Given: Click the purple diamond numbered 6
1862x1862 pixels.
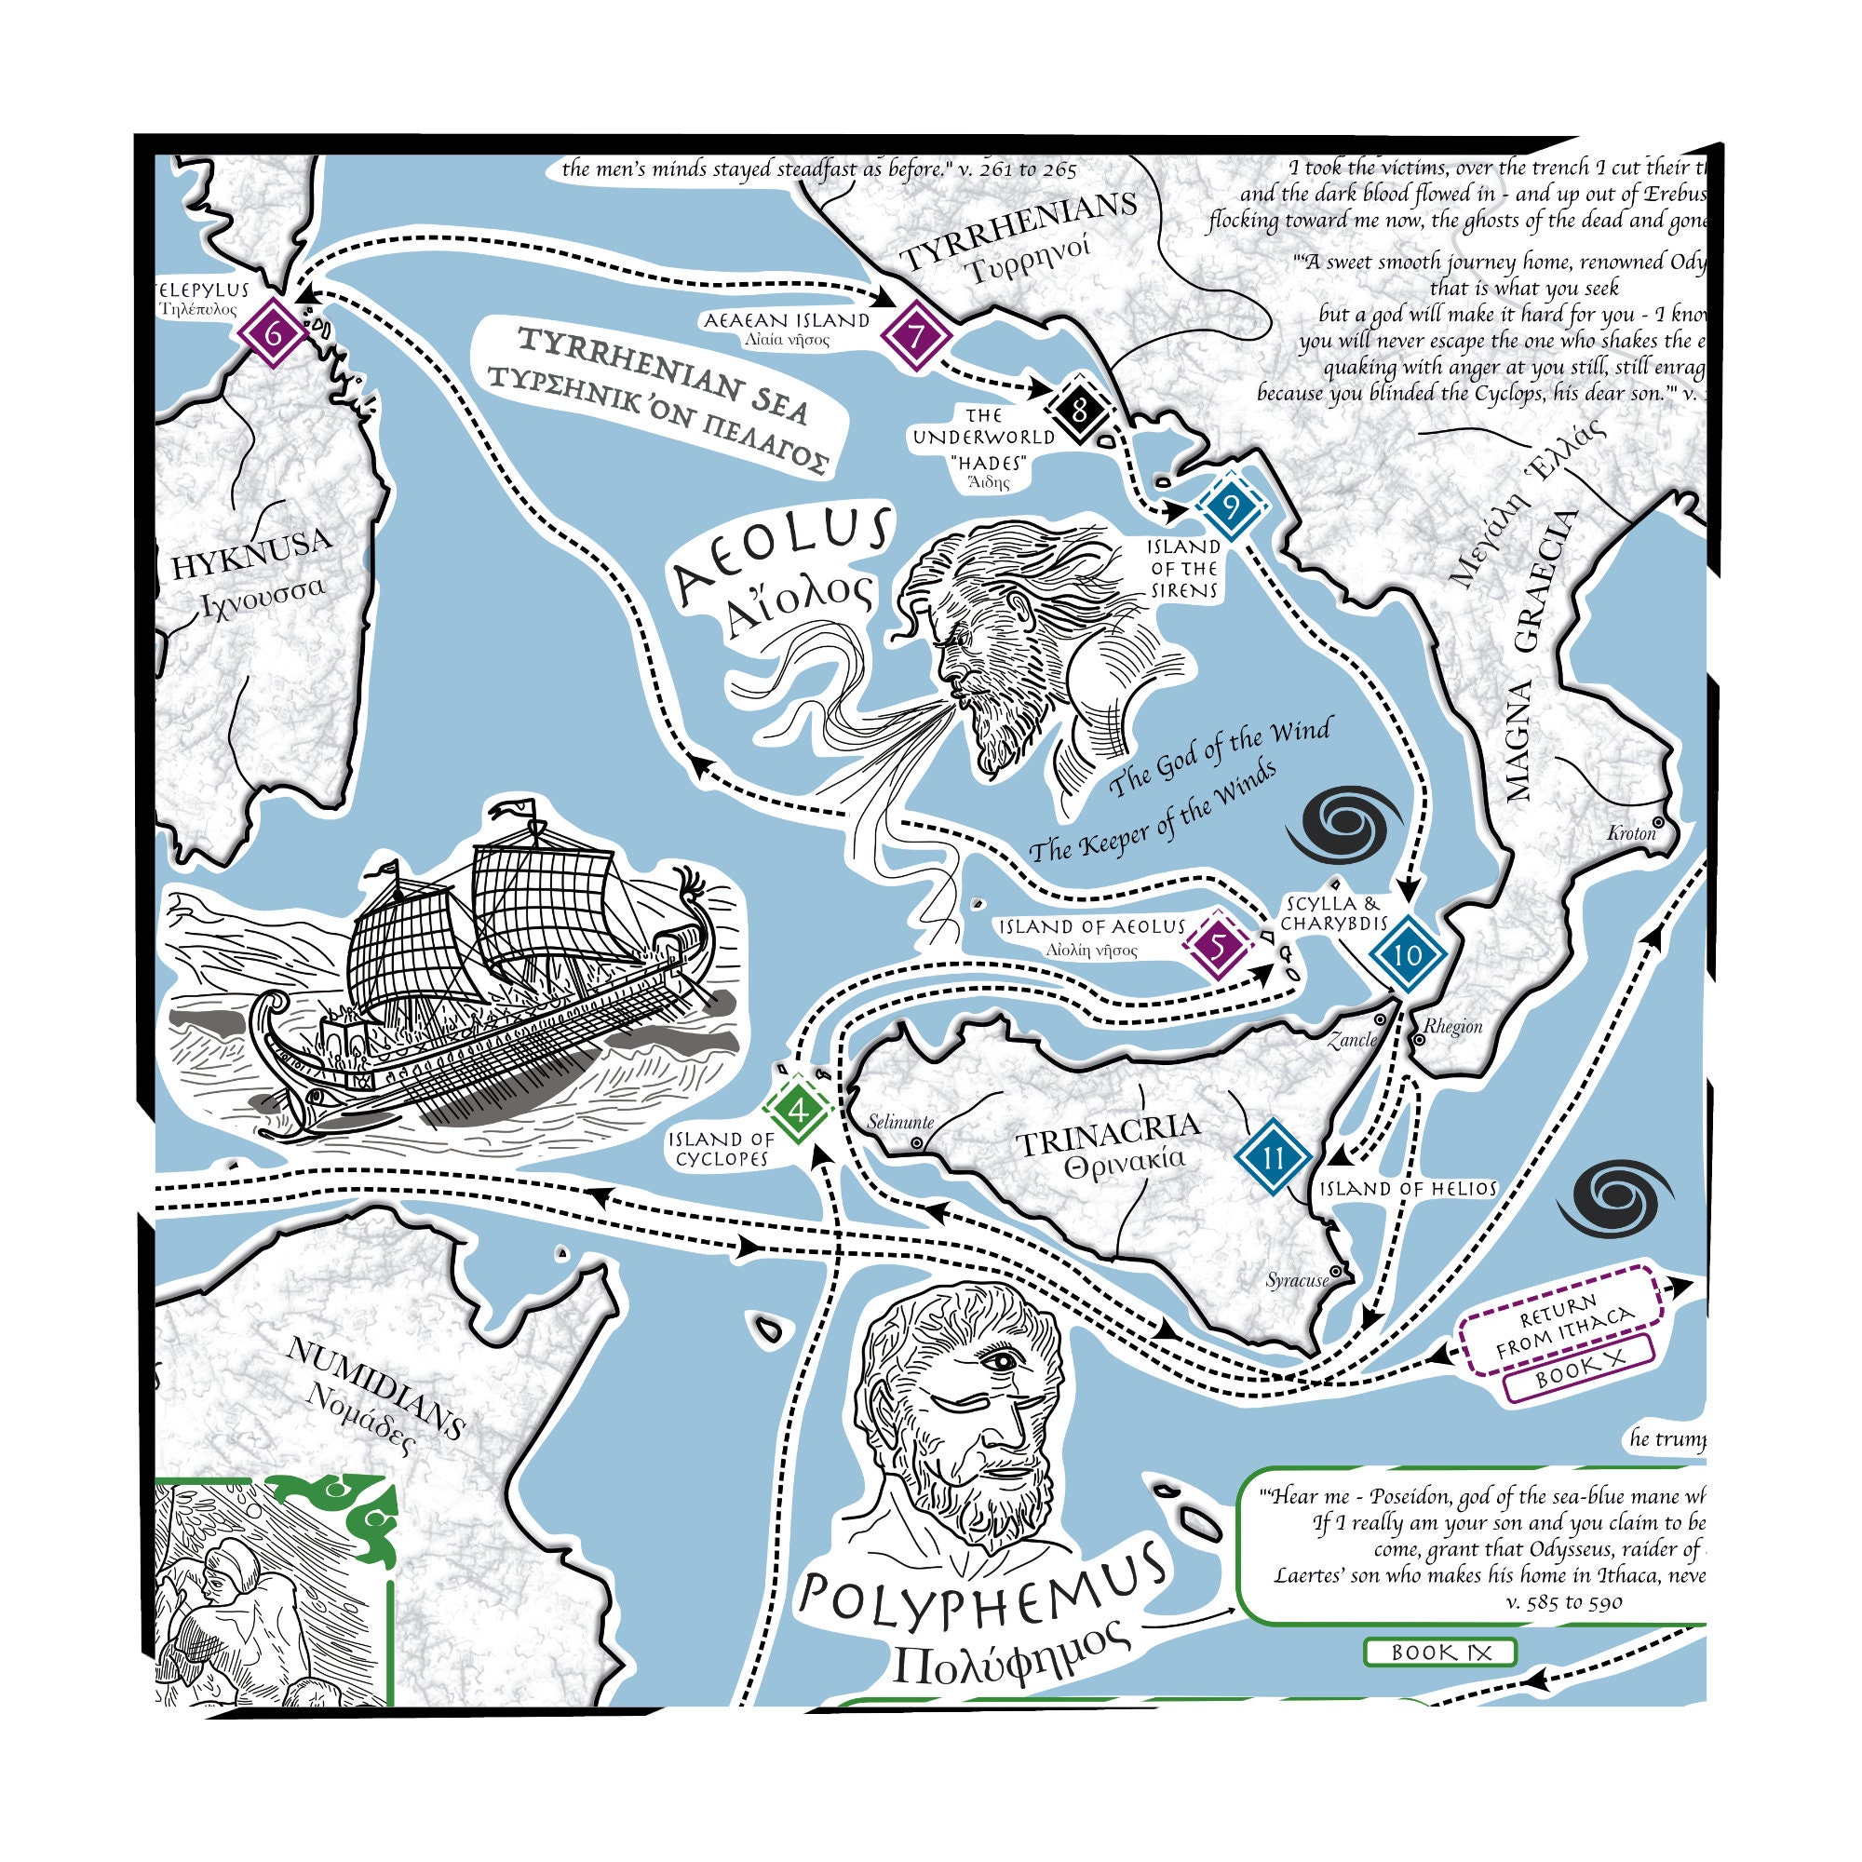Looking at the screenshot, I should (274, 335).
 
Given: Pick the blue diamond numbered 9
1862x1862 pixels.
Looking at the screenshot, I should (1231, 506).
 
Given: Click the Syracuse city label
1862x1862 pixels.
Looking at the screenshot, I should (1297, 1281).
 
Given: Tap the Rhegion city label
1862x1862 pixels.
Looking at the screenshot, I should (1453, 1026).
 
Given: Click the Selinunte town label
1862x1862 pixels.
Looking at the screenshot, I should (899, 1122).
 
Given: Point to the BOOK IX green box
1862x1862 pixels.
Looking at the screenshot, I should (1440, 1652).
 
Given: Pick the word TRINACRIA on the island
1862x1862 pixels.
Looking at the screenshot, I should (1110, 1134).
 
